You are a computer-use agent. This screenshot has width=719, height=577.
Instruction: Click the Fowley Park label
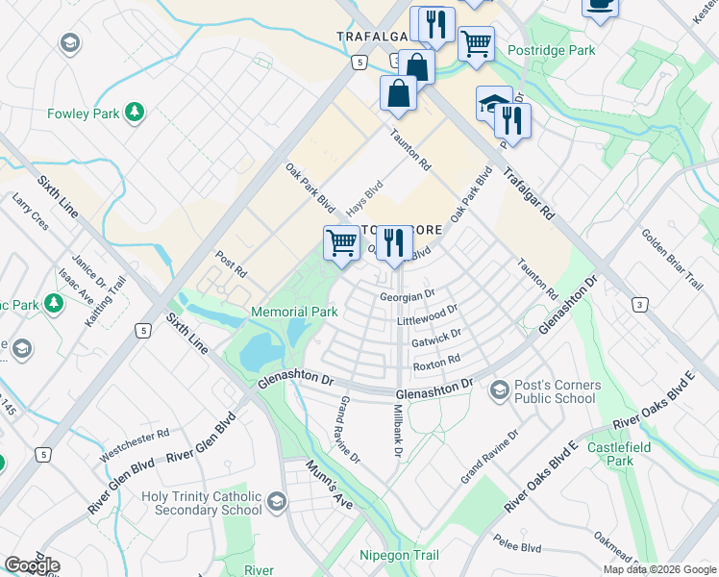[x=83, y=113]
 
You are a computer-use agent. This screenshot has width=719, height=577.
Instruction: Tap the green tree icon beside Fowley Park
[x=135, y=113]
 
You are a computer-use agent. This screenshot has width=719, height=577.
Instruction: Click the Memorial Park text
[x=293, y=313]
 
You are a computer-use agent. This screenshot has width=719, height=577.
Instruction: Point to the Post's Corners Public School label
[x=558, y=392]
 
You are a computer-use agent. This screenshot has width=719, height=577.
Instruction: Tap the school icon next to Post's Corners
[x=499, y=389]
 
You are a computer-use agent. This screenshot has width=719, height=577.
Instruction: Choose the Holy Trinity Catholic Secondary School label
[x=201, y=504]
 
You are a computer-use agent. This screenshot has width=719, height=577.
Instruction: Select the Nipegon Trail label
[x=399, y=556]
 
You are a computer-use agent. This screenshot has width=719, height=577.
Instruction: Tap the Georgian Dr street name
[x=408, y=297]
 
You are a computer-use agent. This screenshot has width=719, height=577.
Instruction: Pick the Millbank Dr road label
[x=398, y=429]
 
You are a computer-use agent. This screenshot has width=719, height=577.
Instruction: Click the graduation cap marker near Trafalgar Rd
[x=494, y=103]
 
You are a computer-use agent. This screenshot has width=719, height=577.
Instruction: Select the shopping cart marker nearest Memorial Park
[x=341, y=242]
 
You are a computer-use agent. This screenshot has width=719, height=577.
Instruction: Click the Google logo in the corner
[x=32, y=565]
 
